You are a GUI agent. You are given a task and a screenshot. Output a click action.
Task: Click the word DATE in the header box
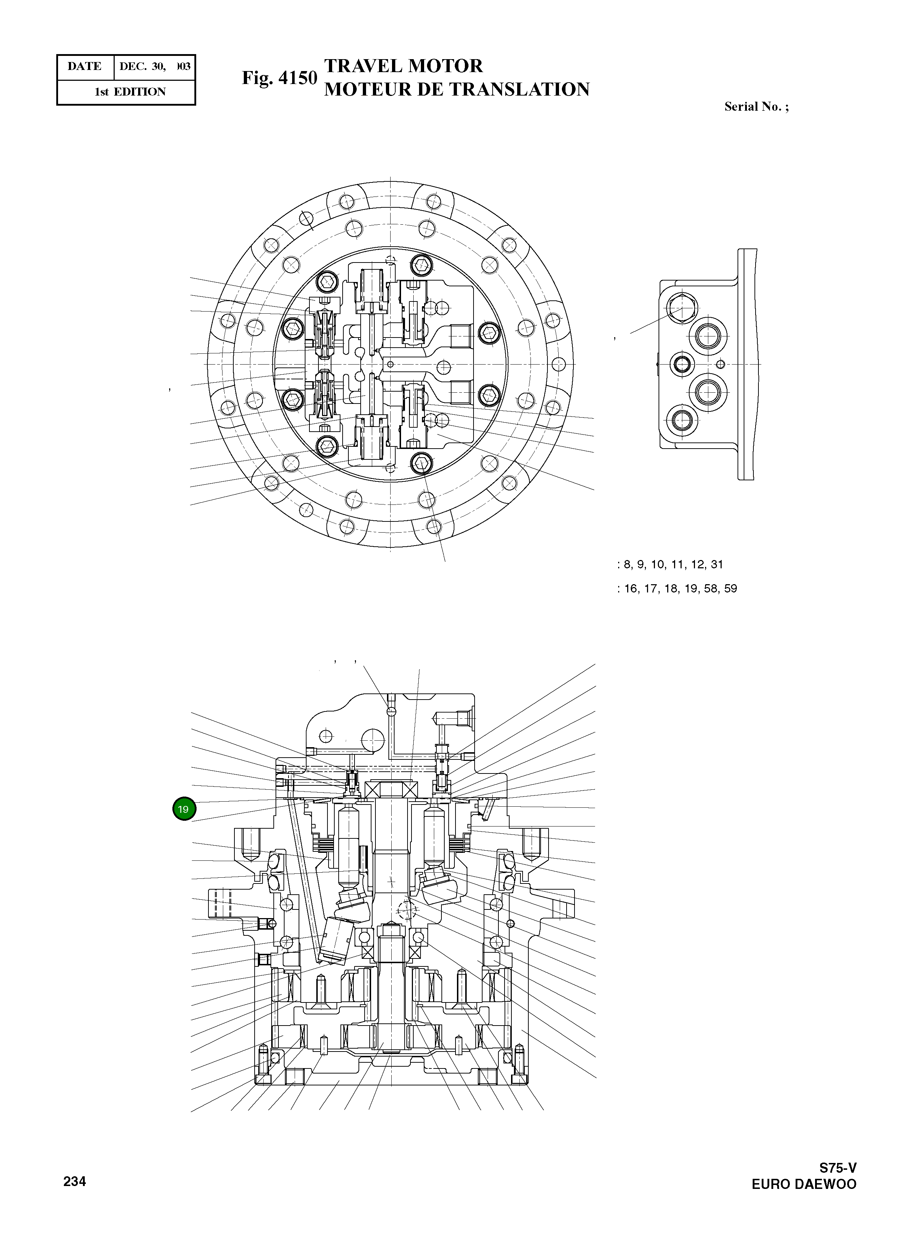(84, 67)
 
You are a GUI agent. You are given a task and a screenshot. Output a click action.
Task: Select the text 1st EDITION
(130, 92)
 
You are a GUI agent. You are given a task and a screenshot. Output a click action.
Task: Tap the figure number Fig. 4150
(280, 78)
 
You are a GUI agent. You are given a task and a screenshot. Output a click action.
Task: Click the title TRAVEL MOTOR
(403, 66)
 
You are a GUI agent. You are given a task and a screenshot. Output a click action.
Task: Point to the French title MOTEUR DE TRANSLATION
(457, 89)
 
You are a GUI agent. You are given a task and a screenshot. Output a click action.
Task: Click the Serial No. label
(756, 107)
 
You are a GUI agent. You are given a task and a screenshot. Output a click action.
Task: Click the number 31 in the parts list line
(717, 564)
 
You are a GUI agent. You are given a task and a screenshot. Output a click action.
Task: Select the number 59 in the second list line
(731, 589)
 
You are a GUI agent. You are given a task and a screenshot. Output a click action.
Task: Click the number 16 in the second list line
(630, 589)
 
